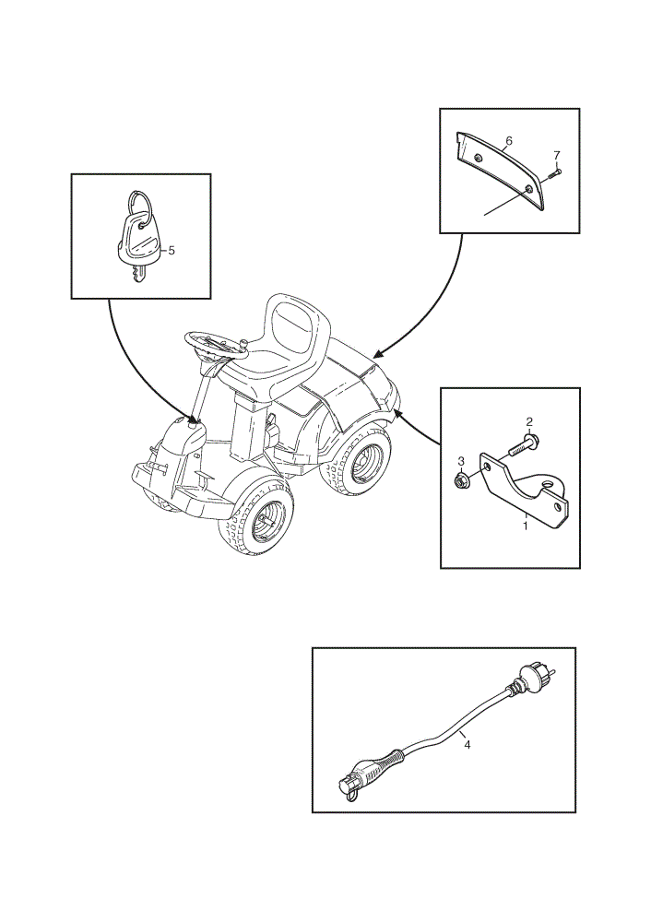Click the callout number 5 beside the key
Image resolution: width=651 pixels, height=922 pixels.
pos(172,251)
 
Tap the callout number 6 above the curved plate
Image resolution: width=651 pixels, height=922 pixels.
pos(509,140)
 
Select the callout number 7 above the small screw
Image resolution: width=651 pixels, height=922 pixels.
pos(556,155)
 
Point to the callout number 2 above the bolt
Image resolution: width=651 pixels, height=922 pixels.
pos(529,421)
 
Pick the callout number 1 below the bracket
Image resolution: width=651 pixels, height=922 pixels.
pos(526,526)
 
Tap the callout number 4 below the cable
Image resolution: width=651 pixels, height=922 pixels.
pos(468,744)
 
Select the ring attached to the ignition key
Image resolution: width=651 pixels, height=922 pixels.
pos(140,206)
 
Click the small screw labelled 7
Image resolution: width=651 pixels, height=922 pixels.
pos(554,173)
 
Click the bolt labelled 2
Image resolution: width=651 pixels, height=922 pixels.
pos(524,446)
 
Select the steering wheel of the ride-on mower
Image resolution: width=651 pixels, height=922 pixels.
pos(215,345)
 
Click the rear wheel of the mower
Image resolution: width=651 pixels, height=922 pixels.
pos(356,458)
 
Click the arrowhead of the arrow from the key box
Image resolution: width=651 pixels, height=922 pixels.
pos(196,419)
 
